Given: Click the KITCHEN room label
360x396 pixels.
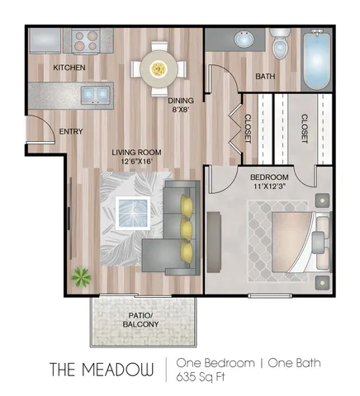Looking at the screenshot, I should tap(69, 68).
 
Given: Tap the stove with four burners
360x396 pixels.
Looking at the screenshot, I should tap(85, 40).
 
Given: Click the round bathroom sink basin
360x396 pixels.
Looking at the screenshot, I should tap(244, 40).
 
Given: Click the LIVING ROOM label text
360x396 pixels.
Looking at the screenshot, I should tap(137, 158).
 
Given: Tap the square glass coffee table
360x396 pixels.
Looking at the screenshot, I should tap(133, 212).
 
